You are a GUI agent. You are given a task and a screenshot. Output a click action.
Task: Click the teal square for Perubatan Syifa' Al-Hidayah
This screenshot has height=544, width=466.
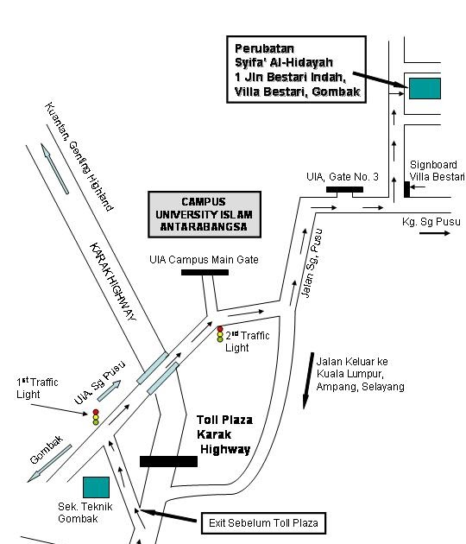[x=425, y=88]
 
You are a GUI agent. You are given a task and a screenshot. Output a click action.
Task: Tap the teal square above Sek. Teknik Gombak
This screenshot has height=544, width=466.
[x=96, y=487]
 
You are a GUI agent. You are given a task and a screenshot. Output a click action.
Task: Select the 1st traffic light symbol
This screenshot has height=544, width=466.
[x=96, y=417]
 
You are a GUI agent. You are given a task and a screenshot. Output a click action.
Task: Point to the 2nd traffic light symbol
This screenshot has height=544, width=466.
[x=220, y=334]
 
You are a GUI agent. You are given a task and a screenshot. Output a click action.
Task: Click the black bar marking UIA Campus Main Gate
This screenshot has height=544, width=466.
[x=205, y=272]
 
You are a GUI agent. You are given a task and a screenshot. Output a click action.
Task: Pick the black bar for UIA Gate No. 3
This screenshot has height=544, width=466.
[x=344, y=189]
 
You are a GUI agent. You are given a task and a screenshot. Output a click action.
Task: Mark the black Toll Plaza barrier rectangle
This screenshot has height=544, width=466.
[x=169, y=461]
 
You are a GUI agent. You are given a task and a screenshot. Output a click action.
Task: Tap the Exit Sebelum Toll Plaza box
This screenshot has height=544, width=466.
[x=263, y=522]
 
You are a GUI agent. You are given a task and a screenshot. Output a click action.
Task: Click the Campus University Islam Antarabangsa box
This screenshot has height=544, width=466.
[x=205, y=214]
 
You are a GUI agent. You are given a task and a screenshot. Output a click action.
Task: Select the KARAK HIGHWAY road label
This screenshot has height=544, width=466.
[x=113, y=281]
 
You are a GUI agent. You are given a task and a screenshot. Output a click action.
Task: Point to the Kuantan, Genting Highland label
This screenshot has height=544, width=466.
[x=79, y=156]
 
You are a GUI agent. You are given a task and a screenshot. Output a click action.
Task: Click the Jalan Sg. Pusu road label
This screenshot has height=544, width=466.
[x=312, y=263]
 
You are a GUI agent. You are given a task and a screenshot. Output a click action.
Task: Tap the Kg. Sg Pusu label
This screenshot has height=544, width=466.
[x=431, y=222]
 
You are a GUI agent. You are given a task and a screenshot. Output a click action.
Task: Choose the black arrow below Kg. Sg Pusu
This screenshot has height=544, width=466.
[x=435, y=233]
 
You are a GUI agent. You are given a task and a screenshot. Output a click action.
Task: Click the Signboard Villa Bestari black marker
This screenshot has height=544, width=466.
[x=407, y=189]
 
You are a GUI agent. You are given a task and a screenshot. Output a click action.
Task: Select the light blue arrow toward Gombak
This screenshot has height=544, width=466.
[x=49, y=464]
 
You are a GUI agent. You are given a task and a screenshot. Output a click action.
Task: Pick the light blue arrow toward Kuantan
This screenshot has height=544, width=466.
[x=54, y=168]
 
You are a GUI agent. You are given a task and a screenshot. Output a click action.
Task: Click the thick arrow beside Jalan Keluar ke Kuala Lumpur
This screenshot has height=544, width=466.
[x=308, y=381]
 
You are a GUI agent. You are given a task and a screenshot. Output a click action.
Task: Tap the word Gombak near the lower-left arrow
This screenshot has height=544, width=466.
[x=47, y=450]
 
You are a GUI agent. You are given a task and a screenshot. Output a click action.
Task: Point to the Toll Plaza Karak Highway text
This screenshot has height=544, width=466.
[x=224, y=434]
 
